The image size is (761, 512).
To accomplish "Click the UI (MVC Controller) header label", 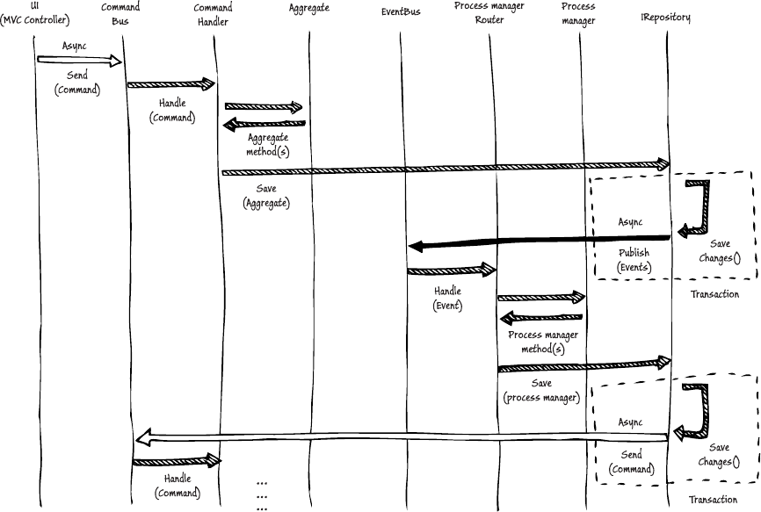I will tap(36, 13).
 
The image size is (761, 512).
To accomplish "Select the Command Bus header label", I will tap(125, 13).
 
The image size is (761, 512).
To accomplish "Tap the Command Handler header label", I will tap(214, 13).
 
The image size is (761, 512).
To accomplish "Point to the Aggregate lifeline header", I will tap(309, 8).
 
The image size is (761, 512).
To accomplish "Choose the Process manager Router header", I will tap(490, 13).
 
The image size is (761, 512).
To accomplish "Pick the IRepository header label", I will tap(666, 16).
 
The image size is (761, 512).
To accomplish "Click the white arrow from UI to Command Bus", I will tap(79, 61).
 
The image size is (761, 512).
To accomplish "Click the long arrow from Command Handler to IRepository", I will tap(444, 167).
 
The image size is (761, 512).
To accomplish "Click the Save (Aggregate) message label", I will tap(266, 196).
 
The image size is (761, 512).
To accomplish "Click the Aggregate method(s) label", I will tap(268, 145).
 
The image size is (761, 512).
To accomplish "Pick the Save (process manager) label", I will tap(542, 391).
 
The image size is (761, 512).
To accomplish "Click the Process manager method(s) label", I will tap(542, 343).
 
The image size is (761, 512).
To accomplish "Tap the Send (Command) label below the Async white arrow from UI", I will tap(77, 83).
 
